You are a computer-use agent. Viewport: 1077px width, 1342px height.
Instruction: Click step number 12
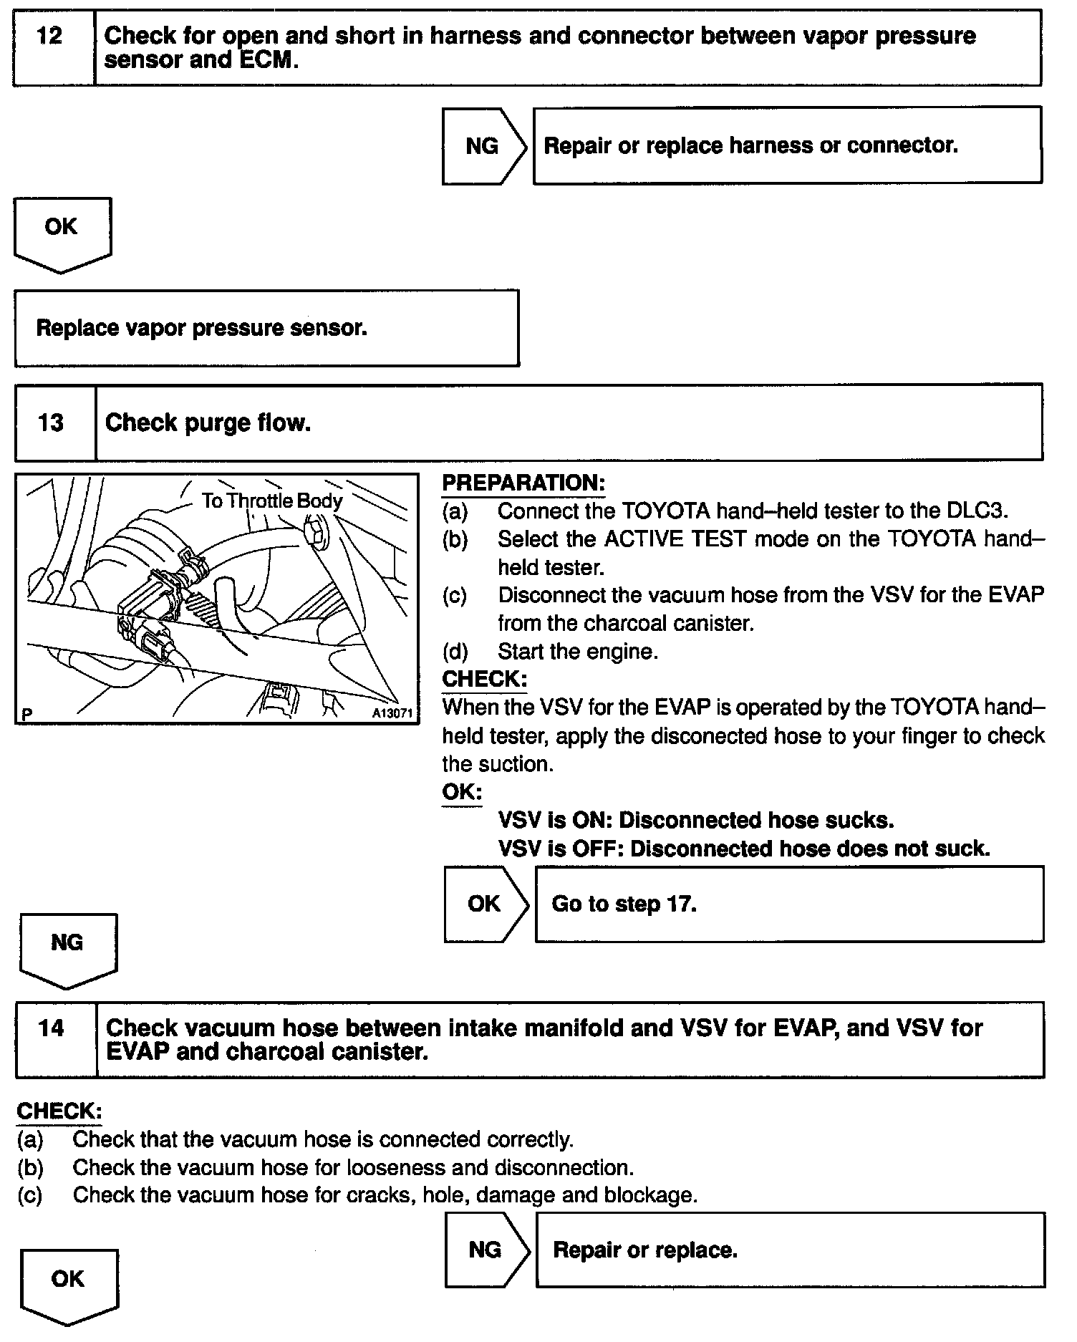(49, 36)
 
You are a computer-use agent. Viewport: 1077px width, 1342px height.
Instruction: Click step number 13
(51, 423)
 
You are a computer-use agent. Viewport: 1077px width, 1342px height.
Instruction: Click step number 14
(52, 1028)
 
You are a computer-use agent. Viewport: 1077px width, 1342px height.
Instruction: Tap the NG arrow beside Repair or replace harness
(483, 146)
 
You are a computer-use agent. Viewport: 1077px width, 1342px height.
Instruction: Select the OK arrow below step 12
(62, 231)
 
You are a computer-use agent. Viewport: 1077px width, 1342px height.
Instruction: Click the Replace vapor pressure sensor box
(266, 328)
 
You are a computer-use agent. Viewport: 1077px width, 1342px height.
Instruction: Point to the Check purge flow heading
(208, 423)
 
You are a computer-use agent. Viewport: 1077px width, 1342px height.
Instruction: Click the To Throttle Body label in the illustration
(272, 500)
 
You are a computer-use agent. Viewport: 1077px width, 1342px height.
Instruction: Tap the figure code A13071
(392, 713)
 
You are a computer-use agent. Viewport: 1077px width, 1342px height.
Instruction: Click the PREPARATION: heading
(523, 483)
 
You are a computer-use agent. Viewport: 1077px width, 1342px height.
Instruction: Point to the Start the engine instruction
(577, 651)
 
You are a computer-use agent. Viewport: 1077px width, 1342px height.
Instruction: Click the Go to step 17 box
(789, 904)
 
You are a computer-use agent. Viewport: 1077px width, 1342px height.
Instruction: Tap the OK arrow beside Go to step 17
(485, 904)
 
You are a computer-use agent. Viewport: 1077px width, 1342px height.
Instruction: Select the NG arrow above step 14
(67, 947)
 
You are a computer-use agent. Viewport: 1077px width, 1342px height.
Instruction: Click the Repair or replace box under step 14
(790, 1250)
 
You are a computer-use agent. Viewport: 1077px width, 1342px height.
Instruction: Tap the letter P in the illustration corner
(27, 714)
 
